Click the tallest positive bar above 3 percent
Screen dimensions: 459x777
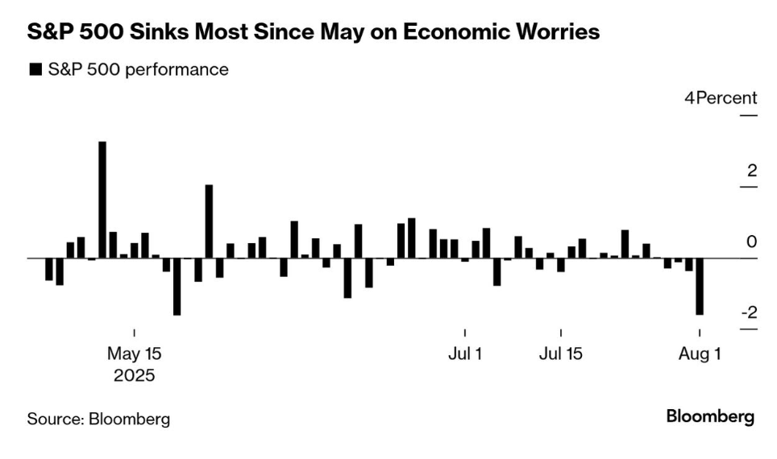102,200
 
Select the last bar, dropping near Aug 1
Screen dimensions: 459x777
700,286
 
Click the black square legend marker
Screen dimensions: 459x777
35,70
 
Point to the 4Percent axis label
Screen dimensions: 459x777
721,98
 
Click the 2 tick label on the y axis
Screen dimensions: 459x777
752,170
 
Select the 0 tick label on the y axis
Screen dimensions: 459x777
752,242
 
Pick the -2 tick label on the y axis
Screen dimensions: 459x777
749,312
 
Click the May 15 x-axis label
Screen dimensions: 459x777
135,354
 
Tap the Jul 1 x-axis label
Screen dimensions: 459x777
465,354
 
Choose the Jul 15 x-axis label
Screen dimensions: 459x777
560,354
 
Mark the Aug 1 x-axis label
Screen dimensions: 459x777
699,354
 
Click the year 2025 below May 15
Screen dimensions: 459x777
135,375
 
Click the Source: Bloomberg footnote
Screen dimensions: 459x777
99,419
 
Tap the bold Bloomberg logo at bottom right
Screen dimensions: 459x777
710,417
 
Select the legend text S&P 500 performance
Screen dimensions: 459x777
138,70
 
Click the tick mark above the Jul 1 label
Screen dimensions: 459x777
465,333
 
